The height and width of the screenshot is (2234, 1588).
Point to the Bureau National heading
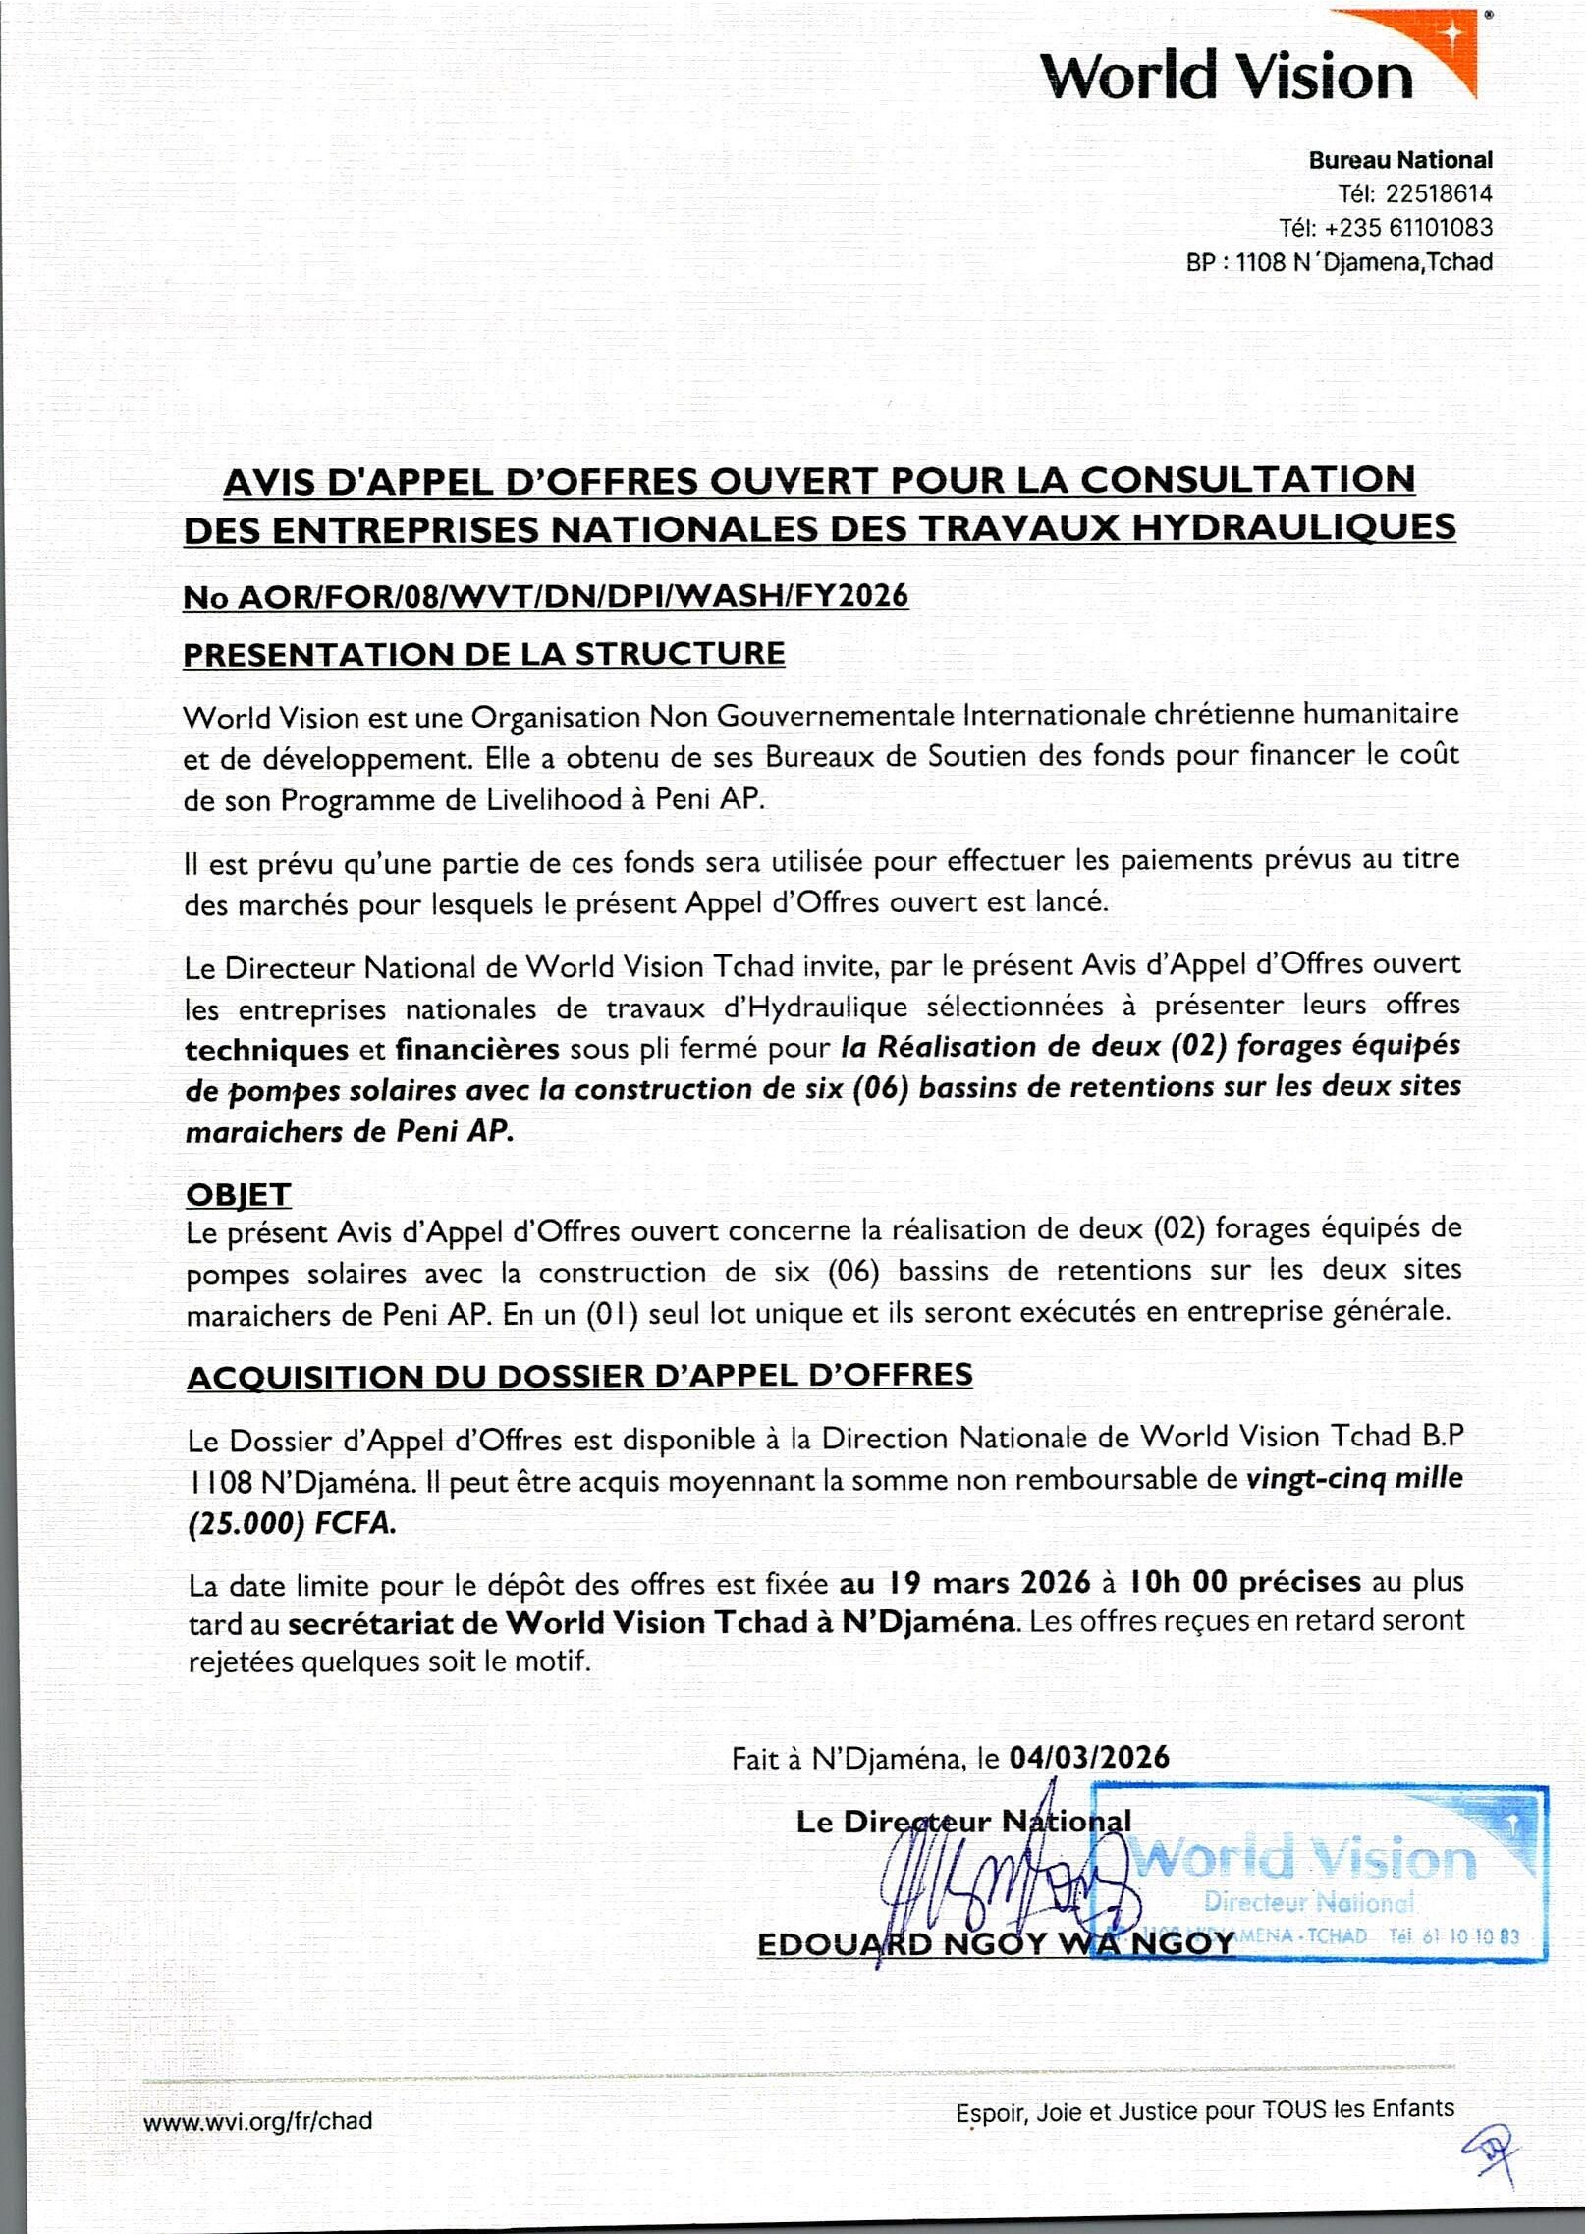1399,160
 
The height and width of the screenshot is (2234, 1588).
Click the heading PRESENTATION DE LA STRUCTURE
484,654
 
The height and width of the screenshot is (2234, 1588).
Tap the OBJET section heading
239,1195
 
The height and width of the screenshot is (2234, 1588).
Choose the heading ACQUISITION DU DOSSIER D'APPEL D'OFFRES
579,1376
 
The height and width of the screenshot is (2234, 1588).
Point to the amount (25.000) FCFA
292,1523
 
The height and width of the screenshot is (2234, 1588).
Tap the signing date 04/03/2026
1089,1757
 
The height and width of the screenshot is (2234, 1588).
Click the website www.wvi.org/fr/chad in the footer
258,2121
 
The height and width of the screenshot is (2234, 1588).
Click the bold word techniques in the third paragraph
266,1050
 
